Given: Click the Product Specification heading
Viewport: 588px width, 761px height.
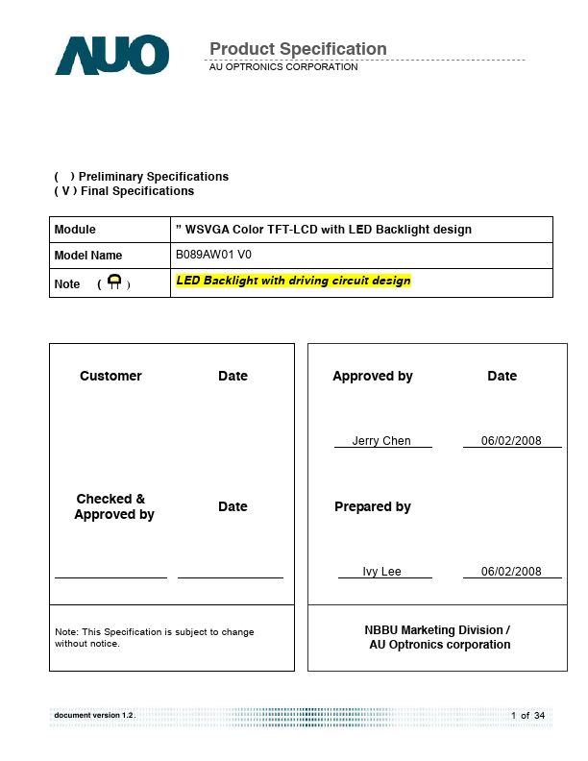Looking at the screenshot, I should tap(298, 49).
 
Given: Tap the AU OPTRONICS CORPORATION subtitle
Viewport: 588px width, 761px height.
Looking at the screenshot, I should tap(283, 67).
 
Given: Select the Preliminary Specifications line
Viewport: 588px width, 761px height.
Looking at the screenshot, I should tap(141, 177).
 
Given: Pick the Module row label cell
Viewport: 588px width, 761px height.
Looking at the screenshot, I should tap(109, 230).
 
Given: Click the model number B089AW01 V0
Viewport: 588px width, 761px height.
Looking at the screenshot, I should tap(213, 255).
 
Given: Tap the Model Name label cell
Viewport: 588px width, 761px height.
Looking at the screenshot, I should tap(109, 256).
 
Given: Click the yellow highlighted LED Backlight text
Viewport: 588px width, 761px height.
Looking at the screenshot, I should tap(293, 282).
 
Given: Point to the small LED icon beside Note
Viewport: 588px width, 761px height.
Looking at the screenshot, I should tap(114, 282).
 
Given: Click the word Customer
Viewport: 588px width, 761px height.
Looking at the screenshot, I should tap(110, 376).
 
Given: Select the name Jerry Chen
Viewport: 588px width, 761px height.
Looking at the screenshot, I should tap(381, 441).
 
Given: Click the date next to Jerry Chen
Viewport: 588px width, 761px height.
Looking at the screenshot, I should tap(511, 441).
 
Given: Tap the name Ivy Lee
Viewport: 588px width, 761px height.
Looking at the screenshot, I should tap(381, 572).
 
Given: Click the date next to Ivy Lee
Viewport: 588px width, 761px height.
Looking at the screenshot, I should tap(511, 572).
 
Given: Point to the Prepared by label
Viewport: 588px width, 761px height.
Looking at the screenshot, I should tap(372, 506).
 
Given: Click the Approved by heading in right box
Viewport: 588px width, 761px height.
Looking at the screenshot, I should tap(372, 376).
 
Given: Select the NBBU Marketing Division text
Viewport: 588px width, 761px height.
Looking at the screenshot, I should tap(437, 630).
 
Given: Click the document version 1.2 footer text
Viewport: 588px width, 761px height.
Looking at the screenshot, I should tap(94, 716).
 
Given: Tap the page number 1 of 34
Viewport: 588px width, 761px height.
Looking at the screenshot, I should tap(527, 716).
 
